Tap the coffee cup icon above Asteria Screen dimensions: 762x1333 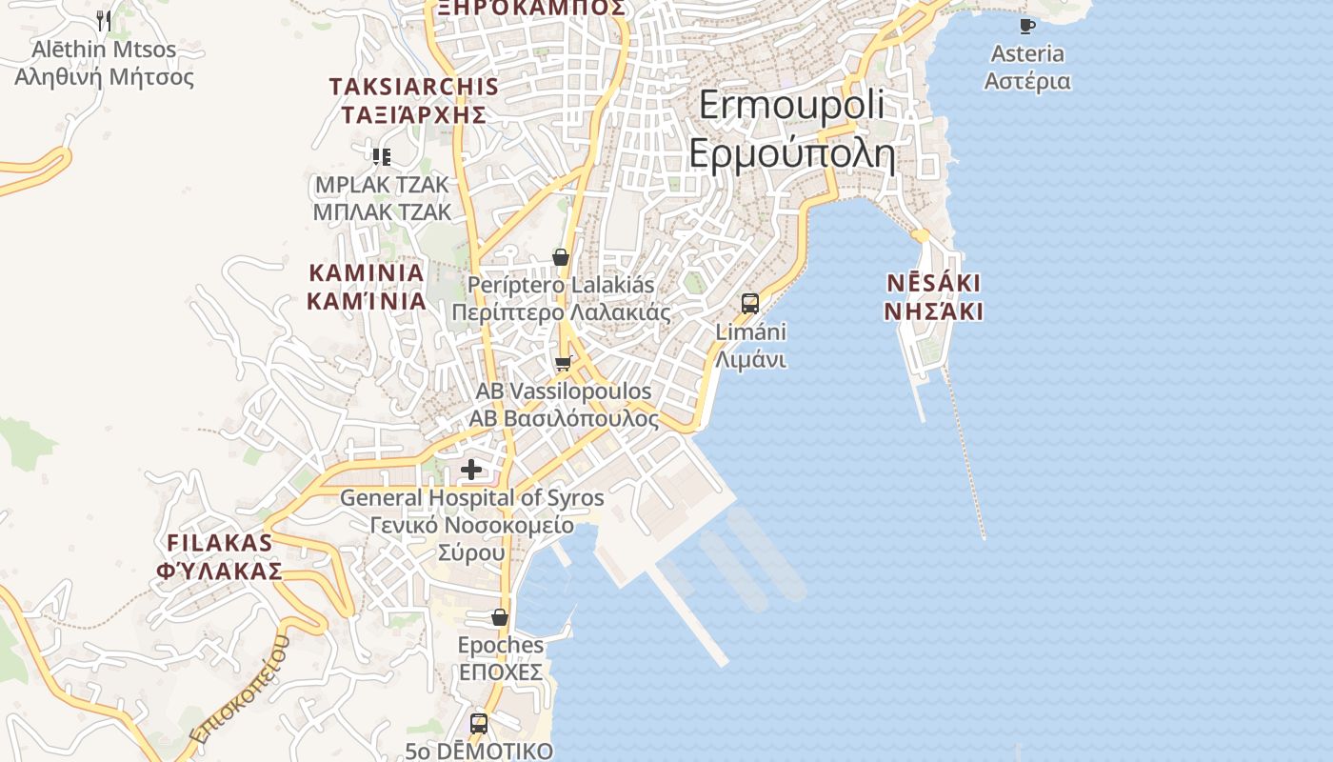(x=1026, y=26)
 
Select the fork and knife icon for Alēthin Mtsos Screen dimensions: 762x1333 (x=104, y=20)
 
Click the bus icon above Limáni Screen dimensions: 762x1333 (x=750, y=304)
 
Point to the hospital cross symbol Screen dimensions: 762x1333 (x=471, y=469)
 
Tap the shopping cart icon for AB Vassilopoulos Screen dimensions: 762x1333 (x=563, y=363)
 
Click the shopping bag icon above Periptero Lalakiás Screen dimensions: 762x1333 (x=561, y=257)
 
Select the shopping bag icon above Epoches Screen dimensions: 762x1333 (x=500, y=617)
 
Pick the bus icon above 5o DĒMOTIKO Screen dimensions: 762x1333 (x=479, y=723)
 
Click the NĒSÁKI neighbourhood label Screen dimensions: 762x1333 (x=933, y=297)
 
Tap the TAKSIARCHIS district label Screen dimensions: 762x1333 (x=414, y=100)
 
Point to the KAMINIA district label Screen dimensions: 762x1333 (x=366, y=287)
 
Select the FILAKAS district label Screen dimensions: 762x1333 (x=220, y=556)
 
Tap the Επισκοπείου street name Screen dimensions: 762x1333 (x=239, y=690)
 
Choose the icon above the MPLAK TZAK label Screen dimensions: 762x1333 (x=382, y=156)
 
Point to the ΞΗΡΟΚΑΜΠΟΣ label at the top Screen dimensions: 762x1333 (x=531, y=8)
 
